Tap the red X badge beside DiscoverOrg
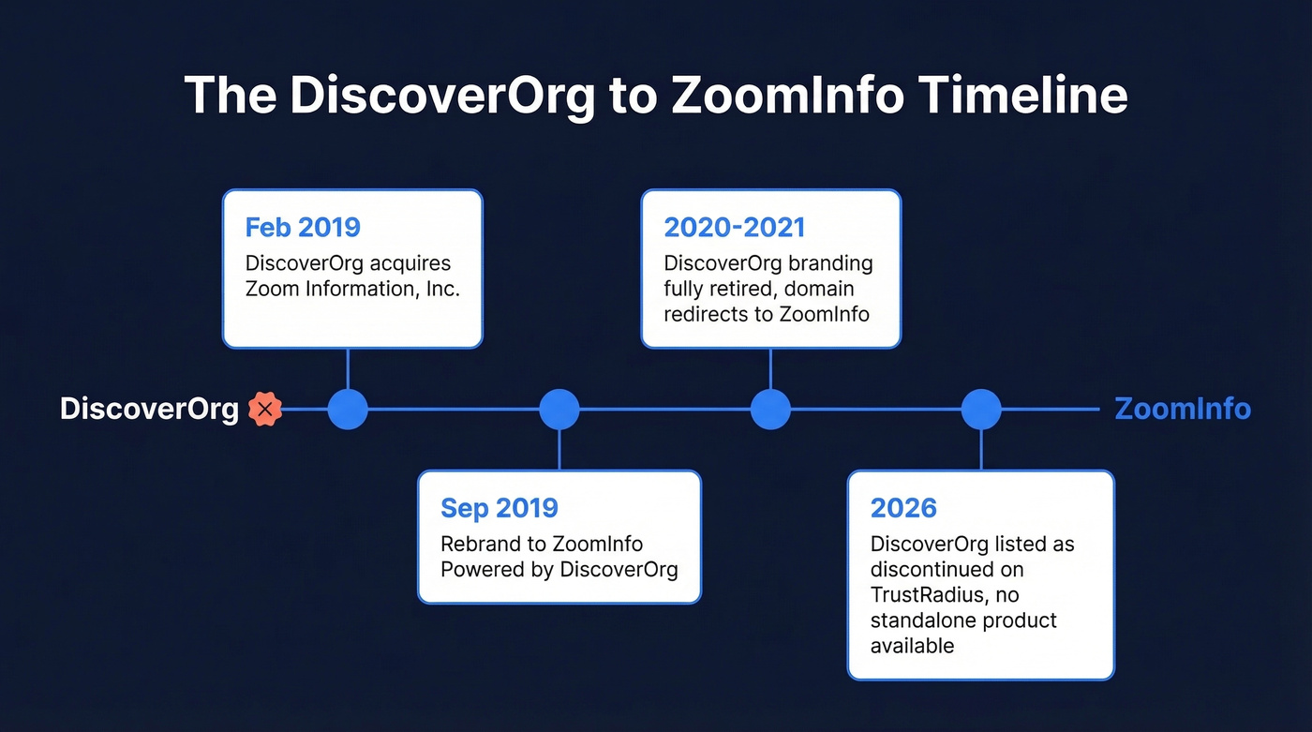(265, 410)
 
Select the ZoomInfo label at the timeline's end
(1182, 410)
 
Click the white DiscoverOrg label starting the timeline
(149, 410)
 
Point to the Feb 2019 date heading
(303, 228)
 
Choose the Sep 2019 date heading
(499, 508)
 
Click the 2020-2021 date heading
(734, 228)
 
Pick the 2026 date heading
(903, 508)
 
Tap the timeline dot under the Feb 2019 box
(348, 410)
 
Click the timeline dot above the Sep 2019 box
(559, 410)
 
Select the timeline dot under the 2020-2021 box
(770, 410)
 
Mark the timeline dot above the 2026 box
(981, 410)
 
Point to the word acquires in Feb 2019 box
(410, 263)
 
